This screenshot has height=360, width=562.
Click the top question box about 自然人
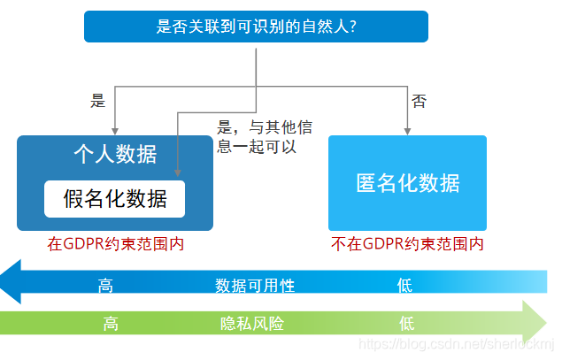click(x=256, y=27)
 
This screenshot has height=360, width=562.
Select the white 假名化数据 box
click(x=115, y=199)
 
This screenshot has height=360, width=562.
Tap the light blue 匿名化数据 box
click(x=407, y=182)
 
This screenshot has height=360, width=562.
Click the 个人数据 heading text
click(x=115, y=155)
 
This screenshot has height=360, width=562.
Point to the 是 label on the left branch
click(x=98, y=101)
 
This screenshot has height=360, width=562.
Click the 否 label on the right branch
click(x=419, y=101)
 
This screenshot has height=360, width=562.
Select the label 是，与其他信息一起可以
click(x=264, y=137)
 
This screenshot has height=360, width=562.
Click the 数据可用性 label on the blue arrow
click(x=255, y=285)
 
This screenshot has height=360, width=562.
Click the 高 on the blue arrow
click(x=106, y=285)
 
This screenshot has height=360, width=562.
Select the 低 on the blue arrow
click(x=405, y=285)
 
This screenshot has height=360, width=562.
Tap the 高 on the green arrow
click(x=111, y=323)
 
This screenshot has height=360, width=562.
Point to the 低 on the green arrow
click(x=407, y=323)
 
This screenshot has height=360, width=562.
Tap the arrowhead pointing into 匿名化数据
click(x=407, y=131)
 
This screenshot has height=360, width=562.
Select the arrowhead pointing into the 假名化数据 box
click(x=179, y=174)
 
